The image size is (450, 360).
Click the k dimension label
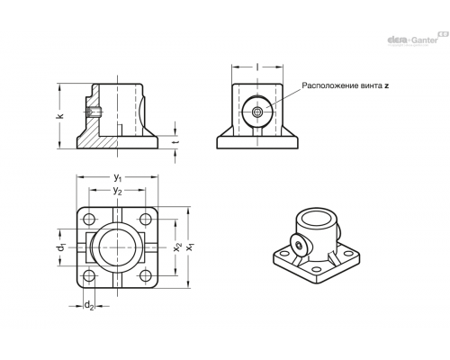(60, 116)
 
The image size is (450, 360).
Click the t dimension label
(176, 142)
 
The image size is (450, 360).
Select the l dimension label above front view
(257, 67)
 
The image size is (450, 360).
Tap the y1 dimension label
(118, 178)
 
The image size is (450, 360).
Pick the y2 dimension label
(117, 191)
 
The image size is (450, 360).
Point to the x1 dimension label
(190, 247)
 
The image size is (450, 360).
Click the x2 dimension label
(177, 247)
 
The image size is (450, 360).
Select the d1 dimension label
(61, 247)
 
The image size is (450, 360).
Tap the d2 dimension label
(89, 306)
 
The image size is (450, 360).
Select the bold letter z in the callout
(387, 85)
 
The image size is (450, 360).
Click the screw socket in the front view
(257, 112)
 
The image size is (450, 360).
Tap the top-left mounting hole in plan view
(89, 220)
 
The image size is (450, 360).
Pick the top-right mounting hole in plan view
(146, 220)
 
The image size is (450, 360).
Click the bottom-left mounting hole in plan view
(89, 275)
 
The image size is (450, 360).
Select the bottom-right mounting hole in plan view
(146, 275)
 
